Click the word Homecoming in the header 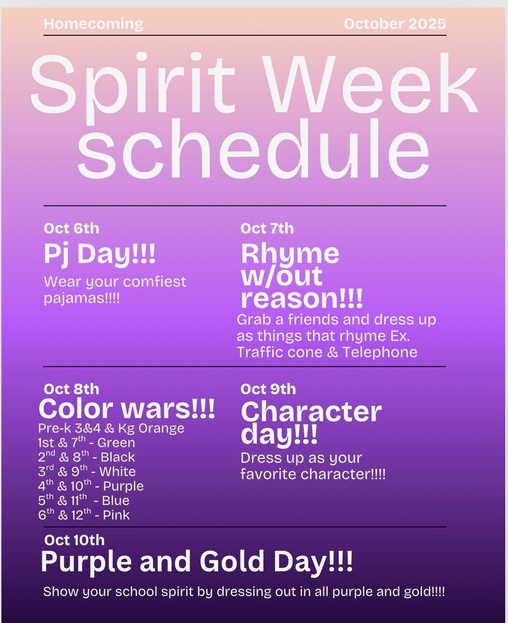coord(93,24)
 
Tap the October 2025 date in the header coord(395,24)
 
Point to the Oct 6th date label coord(72,228)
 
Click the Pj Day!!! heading coord(100,254)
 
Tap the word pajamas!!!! coord(82,298)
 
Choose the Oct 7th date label coord(267,228)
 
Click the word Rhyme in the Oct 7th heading coord(290,254)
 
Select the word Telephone coord(380,353)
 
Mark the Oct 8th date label coord(72,389)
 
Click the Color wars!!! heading coord(127,409)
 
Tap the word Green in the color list coord(116,443)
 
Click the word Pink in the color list coord(116,515)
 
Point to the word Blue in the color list coord(116,500)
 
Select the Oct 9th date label coord(268,389)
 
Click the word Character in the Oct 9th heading coord(312,412)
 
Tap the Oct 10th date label coord(74,540)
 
